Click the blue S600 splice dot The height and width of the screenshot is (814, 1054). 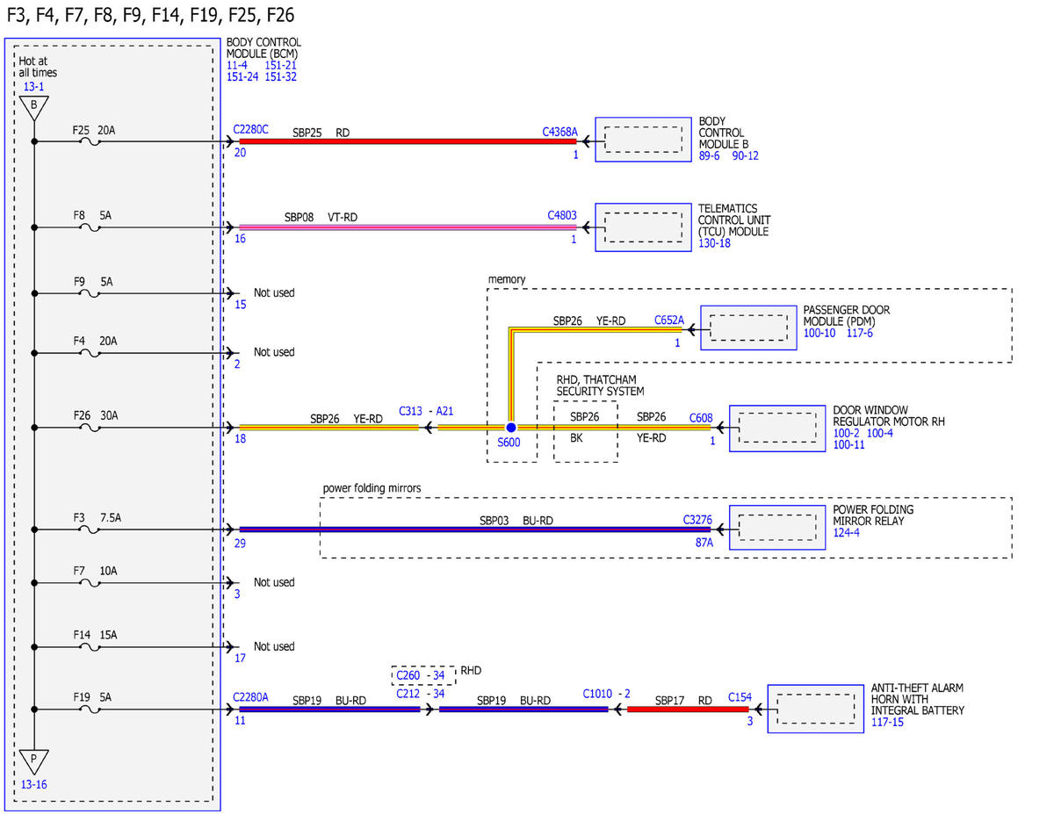[x=511, y=428]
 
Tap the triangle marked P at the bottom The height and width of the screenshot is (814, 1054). [x=34, y=761]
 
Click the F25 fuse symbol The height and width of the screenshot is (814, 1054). [x=90, y=142]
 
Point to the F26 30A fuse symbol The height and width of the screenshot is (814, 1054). [x=90, y=429]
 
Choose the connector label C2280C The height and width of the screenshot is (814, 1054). [x=251, y=129]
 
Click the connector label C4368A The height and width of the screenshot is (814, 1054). [x=559, y=132]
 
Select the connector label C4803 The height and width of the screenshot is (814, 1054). [x=562, y=215]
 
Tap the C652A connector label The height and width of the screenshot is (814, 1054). [x=669, y=320]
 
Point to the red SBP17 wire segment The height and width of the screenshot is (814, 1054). [x=688, y=710]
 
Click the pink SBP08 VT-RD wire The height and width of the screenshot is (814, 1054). [x=408, y=227]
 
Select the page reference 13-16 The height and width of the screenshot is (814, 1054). [x=34, y=784]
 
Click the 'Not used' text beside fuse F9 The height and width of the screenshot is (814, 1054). [x=274, y=292]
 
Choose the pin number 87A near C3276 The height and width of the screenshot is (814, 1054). [x=704, y=543]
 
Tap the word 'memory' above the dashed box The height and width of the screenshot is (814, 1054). [x=507, y=280]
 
